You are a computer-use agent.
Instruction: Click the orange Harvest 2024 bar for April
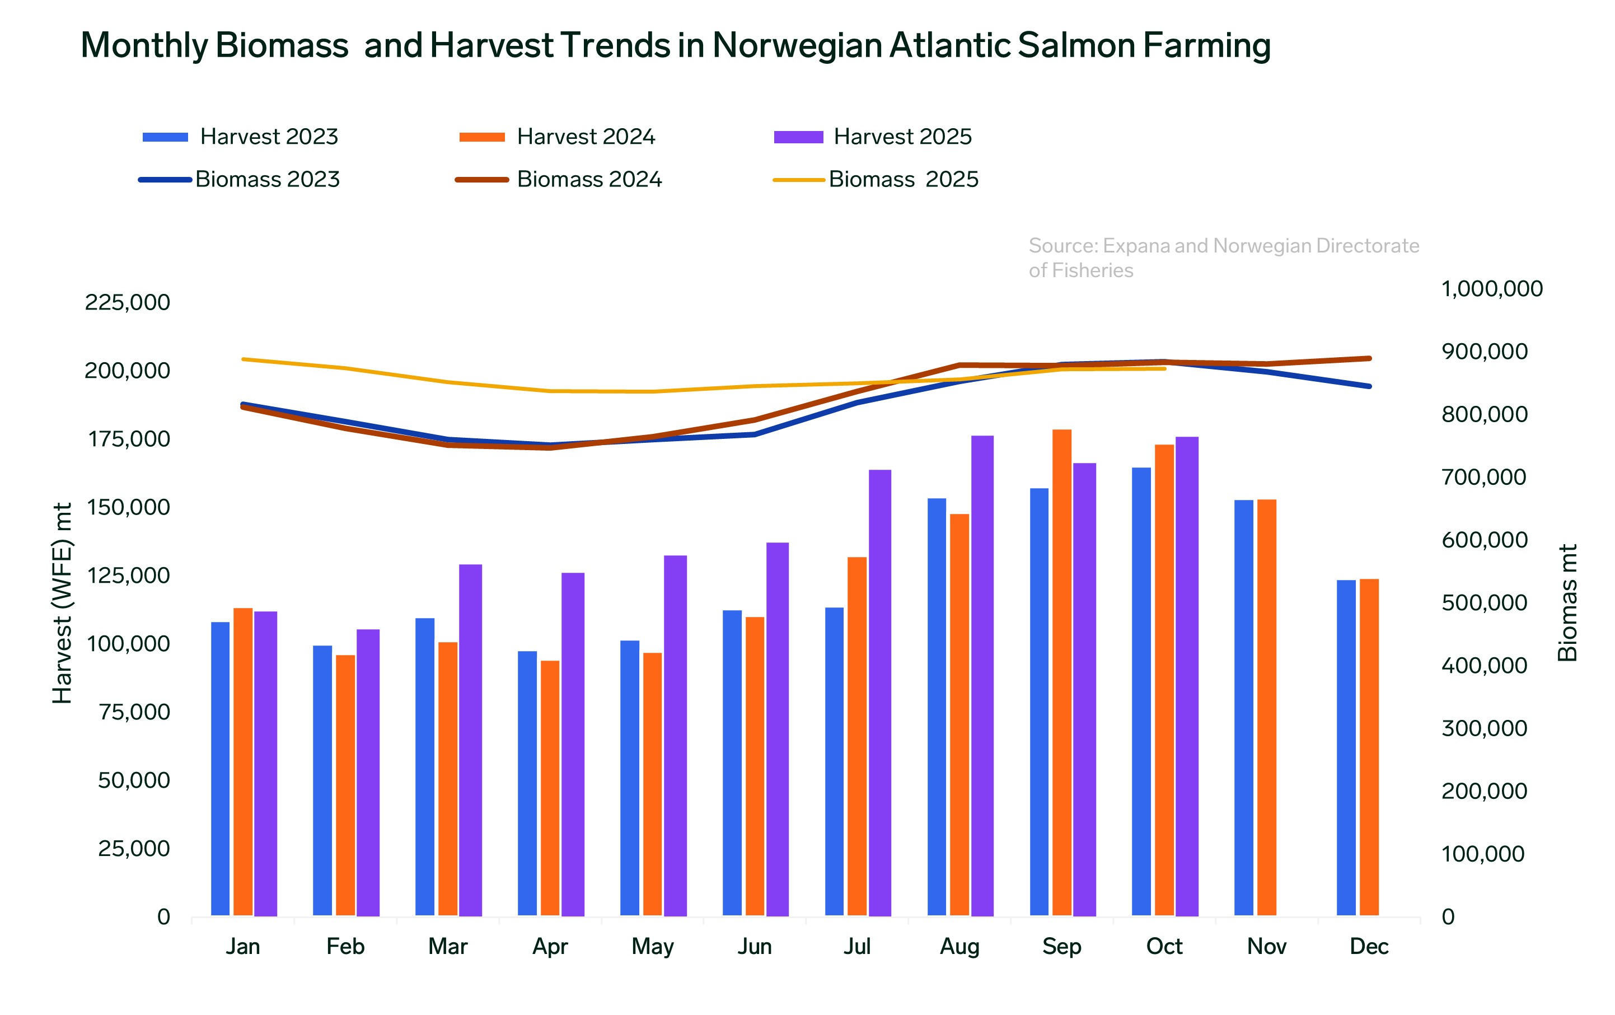point(550,788)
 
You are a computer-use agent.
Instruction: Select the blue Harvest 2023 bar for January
point(220,768)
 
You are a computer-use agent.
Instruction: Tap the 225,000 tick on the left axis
point(128,302)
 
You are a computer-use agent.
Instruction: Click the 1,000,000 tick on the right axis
point(1492,289)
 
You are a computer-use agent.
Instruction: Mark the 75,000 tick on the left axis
point(135,712)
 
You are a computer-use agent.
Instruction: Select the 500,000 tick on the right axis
point(1484,603)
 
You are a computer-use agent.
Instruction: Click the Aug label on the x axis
point(959,947)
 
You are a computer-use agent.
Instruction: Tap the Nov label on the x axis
point(1266,947)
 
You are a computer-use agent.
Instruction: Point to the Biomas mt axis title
point(1567,602)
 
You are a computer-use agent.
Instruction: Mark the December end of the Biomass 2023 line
point(1369,386)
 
